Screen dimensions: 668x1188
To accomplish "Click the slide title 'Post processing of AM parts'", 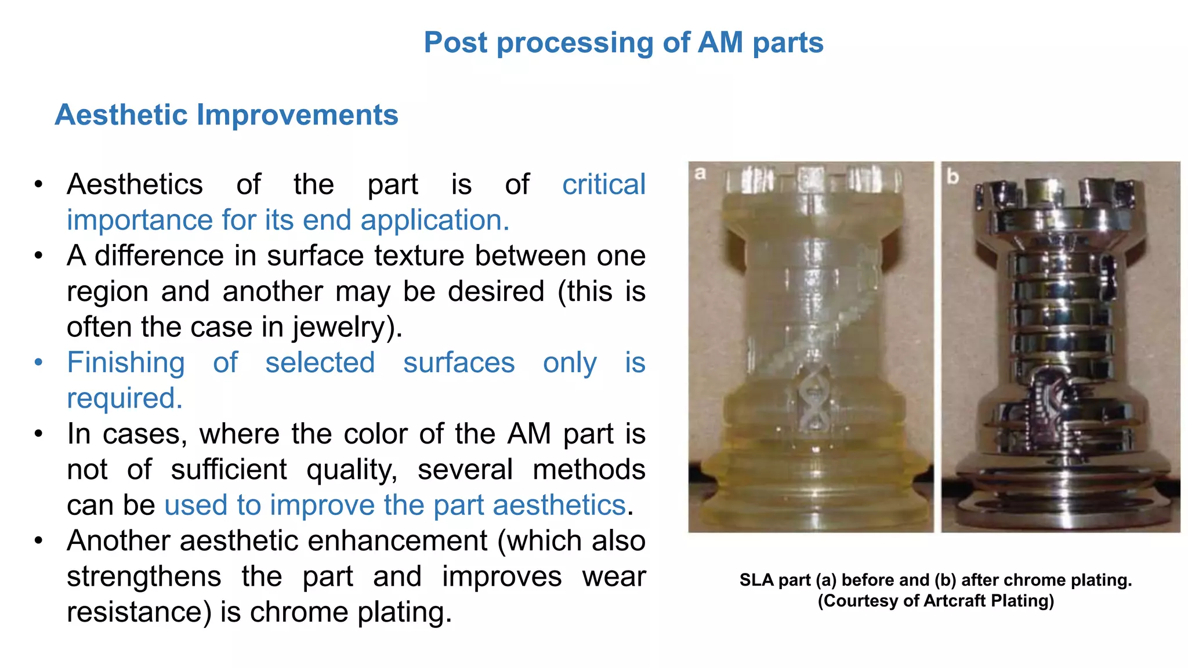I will pos(624,43).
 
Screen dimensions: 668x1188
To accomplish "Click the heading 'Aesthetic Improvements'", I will pos(226,115).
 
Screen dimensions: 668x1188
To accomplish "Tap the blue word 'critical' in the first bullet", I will pos(603,184).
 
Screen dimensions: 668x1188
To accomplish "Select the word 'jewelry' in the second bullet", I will pos(339,327).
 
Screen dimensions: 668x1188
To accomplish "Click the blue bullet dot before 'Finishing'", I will pos(38,363).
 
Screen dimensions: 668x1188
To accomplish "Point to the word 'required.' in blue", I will pos(125,398).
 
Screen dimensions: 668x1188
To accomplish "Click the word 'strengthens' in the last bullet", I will pos(144,576).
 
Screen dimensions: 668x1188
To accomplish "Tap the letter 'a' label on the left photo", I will pos(700,173).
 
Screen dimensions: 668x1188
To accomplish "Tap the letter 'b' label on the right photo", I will pos(952,176).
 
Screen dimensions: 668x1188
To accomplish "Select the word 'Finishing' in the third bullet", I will pos(126,363).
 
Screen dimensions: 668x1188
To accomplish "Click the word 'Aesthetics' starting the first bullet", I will pos(135,185).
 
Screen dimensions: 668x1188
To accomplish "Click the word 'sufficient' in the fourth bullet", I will pos(229,470).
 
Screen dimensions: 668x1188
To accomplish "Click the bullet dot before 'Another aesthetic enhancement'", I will pos(38,541).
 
